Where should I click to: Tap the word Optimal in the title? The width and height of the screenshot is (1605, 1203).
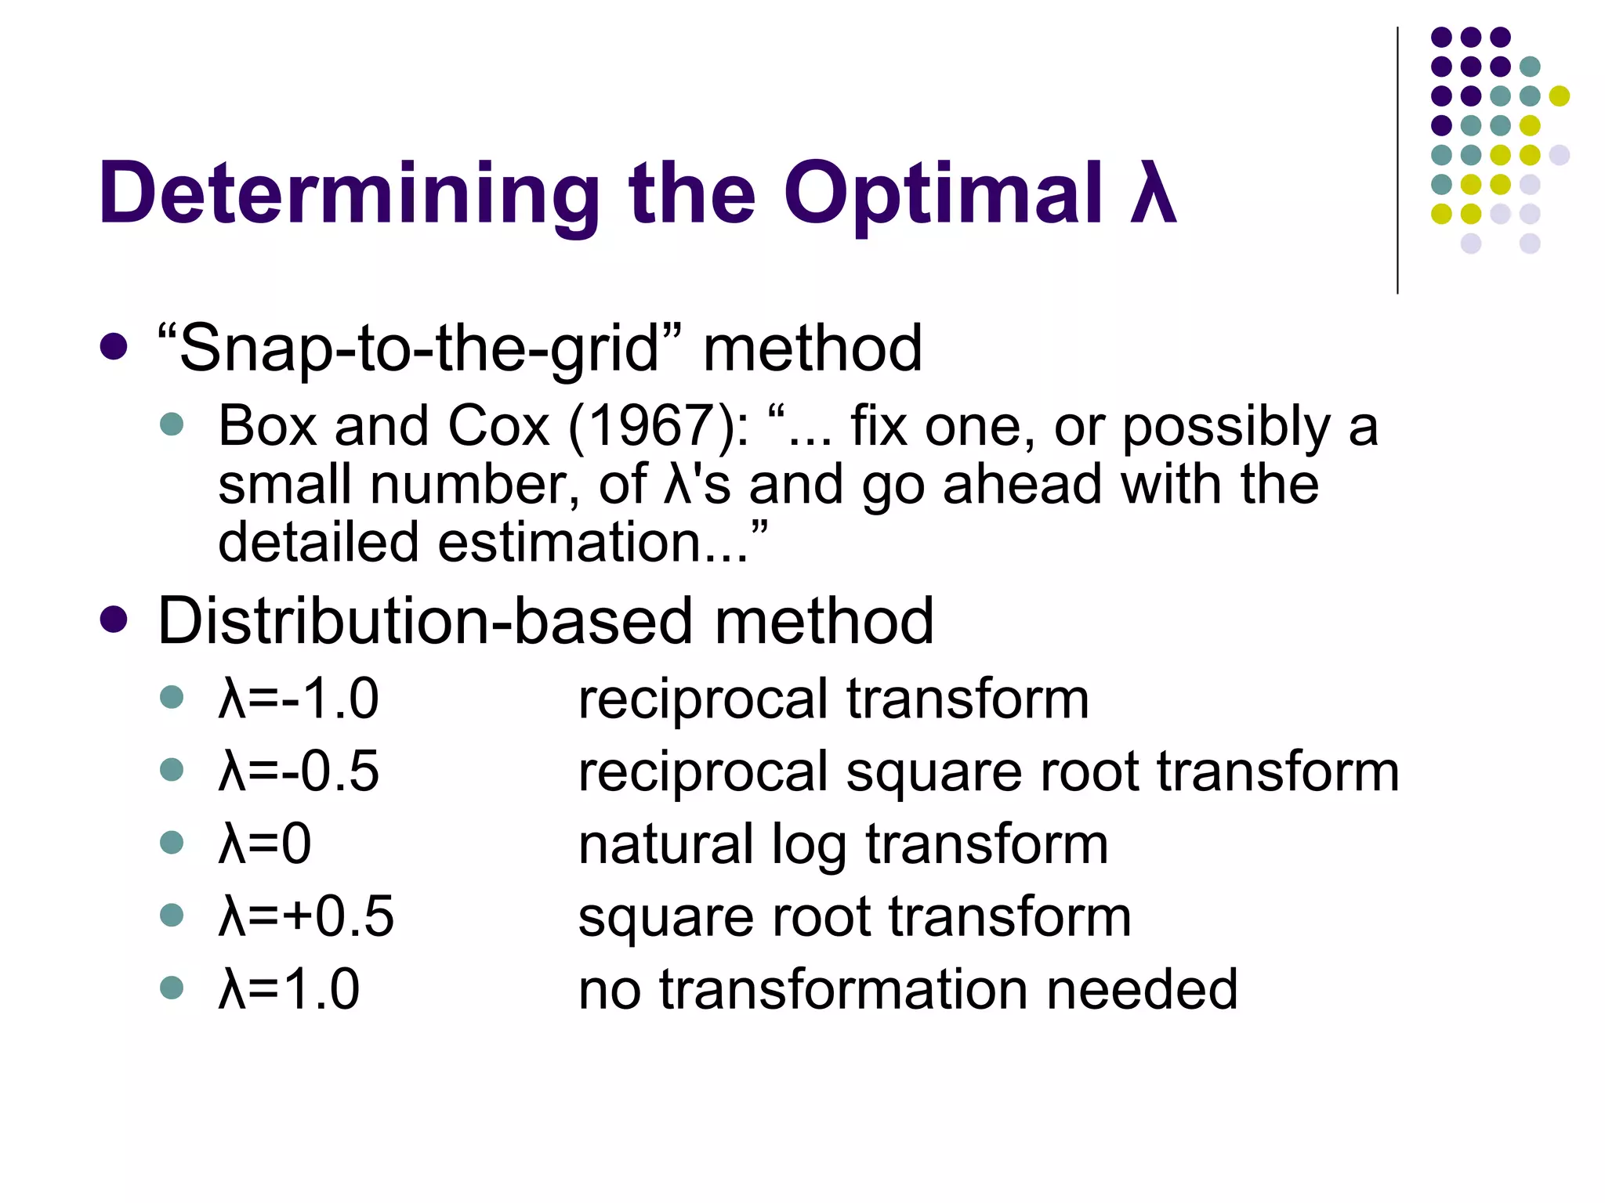point(943,194)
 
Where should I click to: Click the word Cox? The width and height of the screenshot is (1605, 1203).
point(499,427)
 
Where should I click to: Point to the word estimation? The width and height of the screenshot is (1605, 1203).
point(569,543)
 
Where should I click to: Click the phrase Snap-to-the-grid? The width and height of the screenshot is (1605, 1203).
point(420,349)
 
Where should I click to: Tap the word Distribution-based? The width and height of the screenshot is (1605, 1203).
point(426,621)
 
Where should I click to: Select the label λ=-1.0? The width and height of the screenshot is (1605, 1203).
point(299,699)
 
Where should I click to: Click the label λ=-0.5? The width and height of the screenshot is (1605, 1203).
point(299,771)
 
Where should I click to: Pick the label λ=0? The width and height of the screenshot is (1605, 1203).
point(265,844)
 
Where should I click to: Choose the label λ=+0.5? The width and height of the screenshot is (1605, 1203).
point(306,916)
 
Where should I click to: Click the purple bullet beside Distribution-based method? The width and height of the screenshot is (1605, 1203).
point(114,620)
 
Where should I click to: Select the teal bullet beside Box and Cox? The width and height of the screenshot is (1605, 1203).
point(171,425)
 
